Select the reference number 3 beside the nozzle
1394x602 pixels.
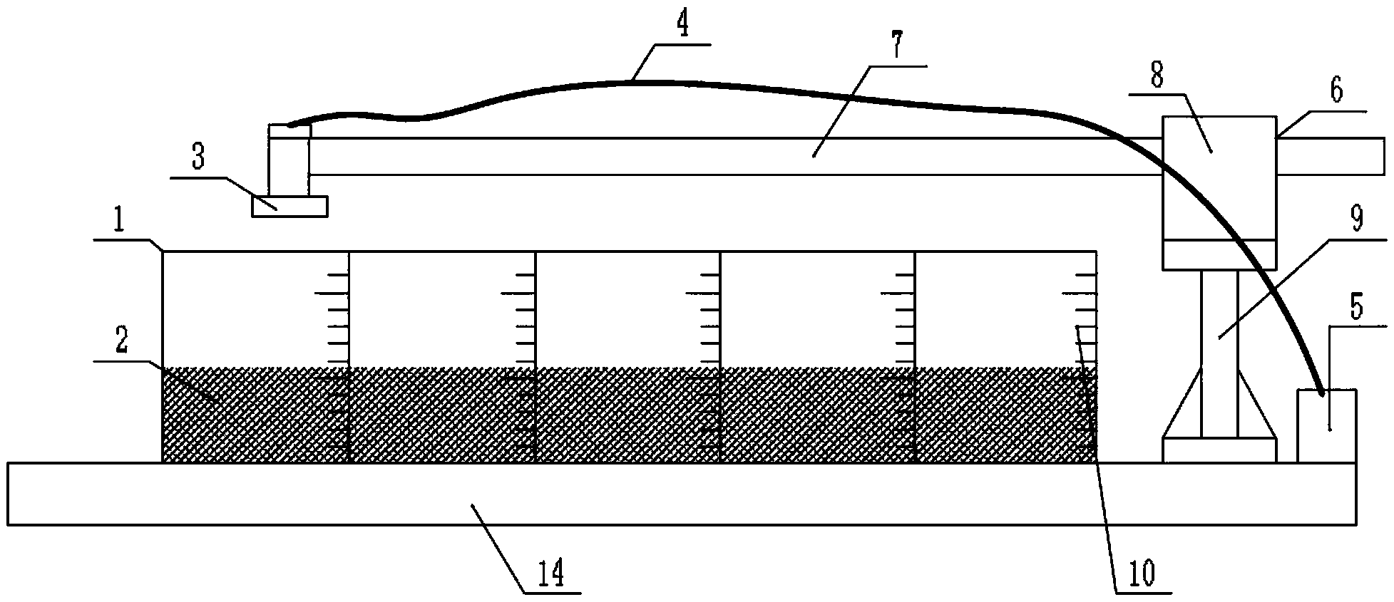click(x=198, y=159)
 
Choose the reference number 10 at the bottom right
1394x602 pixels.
click(x=1139, y=574)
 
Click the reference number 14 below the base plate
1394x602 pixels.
click(x=554, y=573)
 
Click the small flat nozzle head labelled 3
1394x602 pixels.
click(x=289, y=207)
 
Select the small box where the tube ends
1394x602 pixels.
click(x=1326, y=426)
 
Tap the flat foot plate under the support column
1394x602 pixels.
click(x=1219, y=450)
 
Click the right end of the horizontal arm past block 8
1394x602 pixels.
click(x=1330, y=156)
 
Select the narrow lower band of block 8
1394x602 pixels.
click(x=1219, y=254)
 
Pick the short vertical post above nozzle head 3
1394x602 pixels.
click(x=289, y=160)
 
